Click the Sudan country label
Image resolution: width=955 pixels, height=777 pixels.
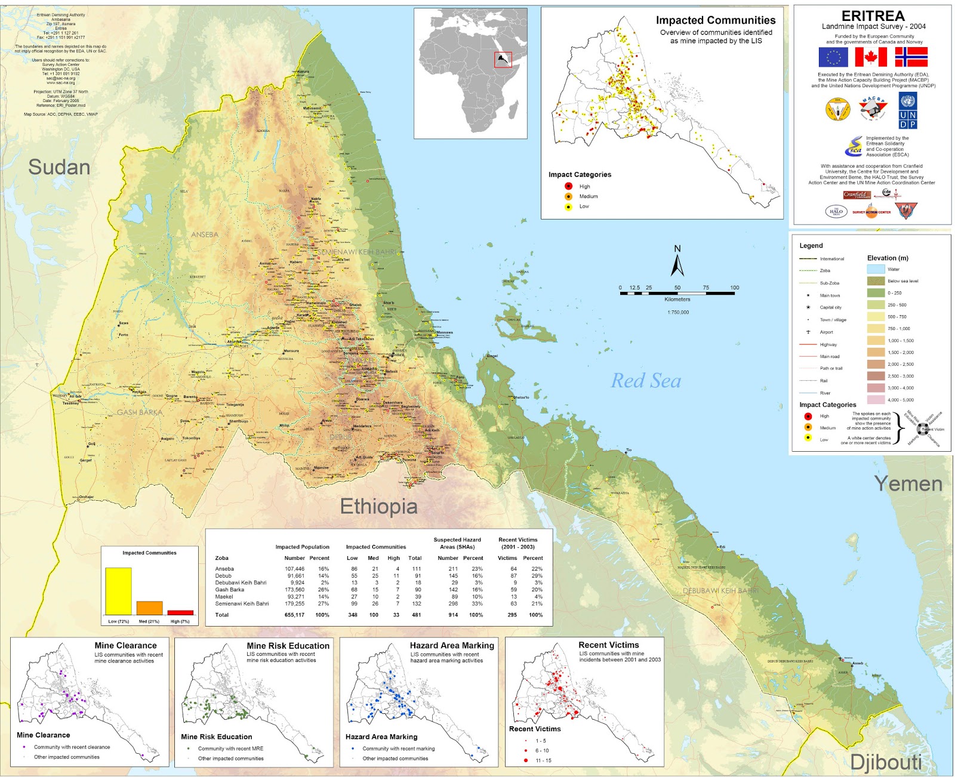(x=59, y=167)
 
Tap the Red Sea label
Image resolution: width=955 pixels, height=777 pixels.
(x=646, y=381)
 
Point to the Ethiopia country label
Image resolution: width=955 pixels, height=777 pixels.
(x=378, y=507)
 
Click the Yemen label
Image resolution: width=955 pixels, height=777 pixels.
(x=908, y=483)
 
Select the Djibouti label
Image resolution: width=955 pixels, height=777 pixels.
(x=886, y=762)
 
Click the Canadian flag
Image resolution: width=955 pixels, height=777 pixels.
(x=871, y=57)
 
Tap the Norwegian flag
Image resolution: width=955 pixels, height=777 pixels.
(x=911, y=57)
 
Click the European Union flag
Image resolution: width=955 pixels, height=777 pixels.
(x=833, y=57)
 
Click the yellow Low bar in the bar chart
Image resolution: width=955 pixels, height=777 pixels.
(x=118, y=591)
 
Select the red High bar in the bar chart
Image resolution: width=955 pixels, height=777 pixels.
(x=180, y=612)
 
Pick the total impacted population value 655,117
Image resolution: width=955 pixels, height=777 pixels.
(x=294, y=615)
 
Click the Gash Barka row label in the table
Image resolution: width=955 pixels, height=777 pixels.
(x=230, y=590)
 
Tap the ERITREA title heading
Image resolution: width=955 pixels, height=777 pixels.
(x=873, y=16)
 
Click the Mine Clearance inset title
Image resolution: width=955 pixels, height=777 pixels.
(x=125, y=646)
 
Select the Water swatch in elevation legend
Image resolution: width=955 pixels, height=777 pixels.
(x=876, y=269)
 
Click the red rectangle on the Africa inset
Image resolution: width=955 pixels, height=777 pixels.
(x=503, y=60)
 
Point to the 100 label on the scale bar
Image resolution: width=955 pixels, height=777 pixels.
(x=734, y=288)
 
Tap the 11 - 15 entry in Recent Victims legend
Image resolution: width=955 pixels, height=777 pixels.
(x=543, y=760)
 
